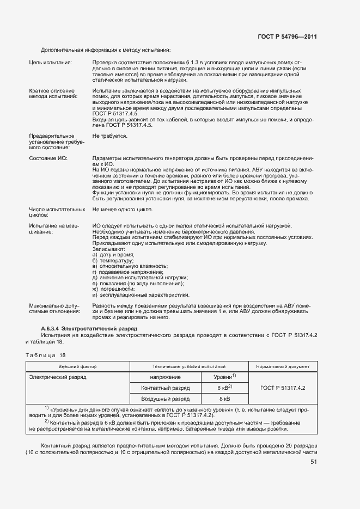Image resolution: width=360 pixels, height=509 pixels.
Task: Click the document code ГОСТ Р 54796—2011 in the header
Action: click(287, 37)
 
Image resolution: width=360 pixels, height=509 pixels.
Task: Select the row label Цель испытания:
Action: click(50, 63)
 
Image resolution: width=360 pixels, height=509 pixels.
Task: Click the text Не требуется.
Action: click(110, 136)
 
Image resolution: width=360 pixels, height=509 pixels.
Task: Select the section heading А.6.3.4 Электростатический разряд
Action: click(89, 329)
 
